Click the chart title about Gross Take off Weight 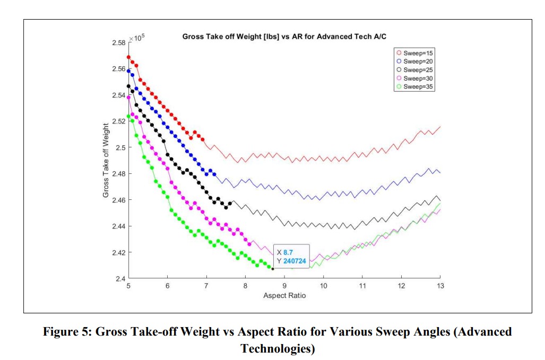pos(284,37)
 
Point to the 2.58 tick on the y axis pos(119,42)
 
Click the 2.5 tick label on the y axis pos(121,147)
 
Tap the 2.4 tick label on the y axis pos(121,278)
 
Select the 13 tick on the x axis pos(440,286)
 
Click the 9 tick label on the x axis pos(284,286)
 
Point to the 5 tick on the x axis pos(128,286)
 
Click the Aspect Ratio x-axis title pos(284,295)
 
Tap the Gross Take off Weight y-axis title pos(106,161)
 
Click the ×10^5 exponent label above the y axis pos(137,38)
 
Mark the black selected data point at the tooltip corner pos(272,269)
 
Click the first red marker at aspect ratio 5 pos(128,57)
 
